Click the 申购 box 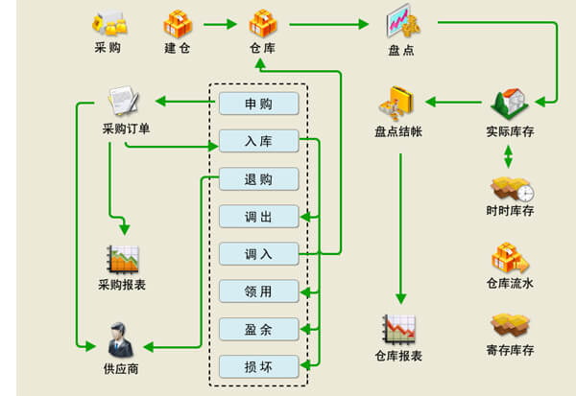258,104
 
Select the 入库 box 258,141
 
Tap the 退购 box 258,178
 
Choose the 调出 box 258,216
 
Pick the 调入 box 258,254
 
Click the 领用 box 258,291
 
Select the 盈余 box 258,329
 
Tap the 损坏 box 258,366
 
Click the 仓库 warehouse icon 262,21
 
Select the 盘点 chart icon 402,21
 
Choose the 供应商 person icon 120,338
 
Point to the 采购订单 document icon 125,101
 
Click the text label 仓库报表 398,356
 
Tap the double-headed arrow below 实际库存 509,156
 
